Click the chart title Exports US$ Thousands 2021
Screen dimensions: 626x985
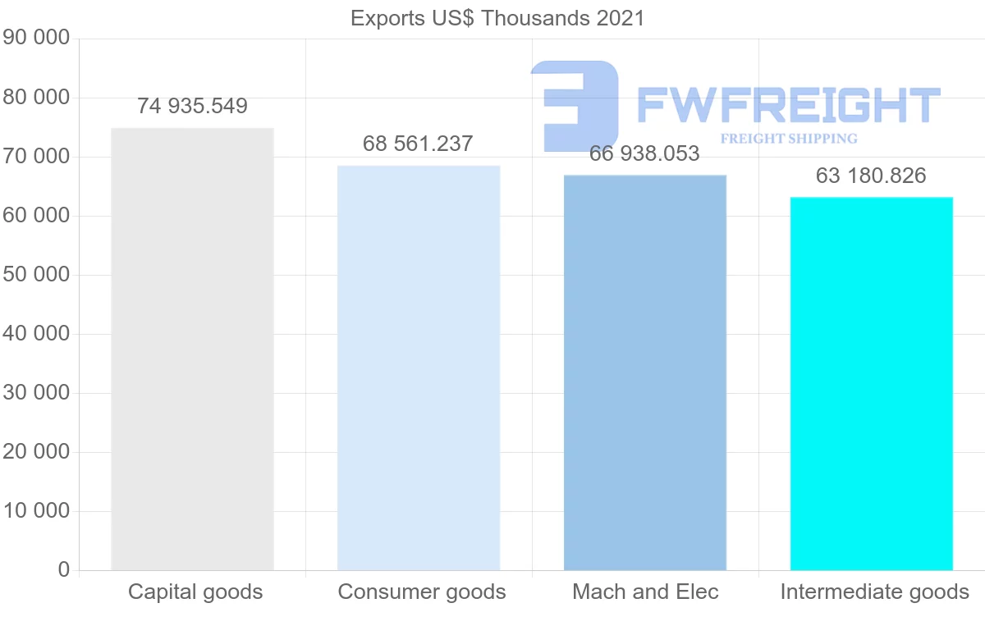pos(497,18)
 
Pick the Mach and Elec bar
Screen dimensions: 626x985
pos(645,372)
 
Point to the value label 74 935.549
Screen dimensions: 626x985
pos(192,106)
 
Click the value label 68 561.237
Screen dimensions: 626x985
pos(419,144)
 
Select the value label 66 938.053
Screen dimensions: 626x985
pos(645,153)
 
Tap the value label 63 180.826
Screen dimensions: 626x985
pos(872,176)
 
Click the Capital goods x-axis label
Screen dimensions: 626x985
pos(195,592)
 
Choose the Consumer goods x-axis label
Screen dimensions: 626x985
pos(422,592)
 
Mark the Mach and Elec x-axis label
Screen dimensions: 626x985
pos(645,592)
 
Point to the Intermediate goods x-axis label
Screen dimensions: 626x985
pos(875,592)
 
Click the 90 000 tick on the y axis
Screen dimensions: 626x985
pos(36,39)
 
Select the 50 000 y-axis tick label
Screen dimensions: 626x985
pos(36,275)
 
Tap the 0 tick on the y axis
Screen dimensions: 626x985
pos(64,570)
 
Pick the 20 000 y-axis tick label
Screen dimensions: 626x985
pos(36,452)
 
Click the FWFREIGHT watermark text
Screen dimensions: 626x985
pos(788,105)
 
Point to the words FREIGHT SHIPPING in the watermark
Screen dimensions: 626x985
pos(789,139)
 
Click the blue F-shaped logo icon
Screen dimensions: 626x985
pos(575,105)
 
